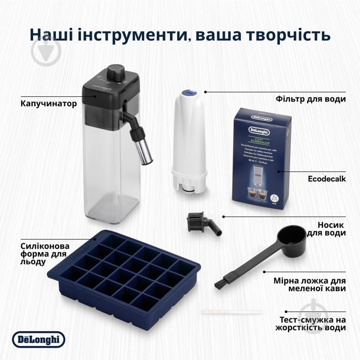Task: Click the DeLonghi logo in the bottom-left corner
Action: [38, 339]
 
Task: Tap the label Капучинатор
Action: [49, 103]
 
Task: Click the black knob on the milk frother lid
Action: [118, 72]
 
